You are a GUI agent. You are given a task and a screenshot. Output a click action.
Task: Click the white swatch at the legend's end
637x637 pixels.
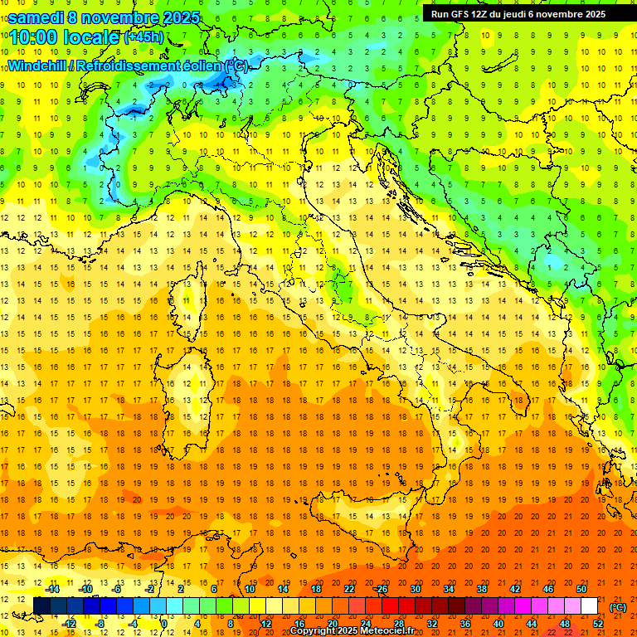(x=590, y=606)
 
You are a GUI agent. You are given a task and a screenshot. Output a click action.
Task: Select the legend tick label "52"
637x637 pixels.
(x=598, y=624)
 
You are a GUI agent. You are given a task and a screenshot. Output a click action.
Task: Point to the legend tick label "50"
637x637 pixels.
(x=581, y=589)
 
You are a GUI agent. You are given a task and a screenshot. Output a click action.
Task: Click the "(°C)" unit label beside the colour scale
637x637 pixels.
(x=619, y=607)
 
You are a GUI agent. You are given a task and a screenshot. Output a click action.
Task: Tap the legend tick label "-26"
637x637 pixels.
(x=382, y=589)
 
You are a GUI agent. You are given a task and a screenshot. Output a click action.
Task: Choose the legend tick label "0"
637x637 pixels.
(x=163, y=624)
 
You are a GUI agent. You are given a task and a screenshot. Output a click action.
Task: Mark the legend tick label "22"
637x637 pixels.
(x=349, y=589)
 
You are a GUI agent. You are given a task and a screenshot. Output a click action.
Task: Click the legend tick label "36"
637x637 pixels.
(x=465, y=624)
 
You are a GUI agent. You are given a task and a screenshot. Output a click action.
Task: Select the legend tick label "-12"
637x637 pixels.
(x=69, y=624)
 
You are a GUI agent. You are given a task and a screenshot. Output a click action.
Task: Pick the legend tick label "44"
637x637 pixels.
(x=532, y=624)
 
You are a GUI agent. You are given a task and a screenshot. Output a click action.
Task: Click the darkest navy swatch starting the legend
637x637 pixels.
(x=41, y=606)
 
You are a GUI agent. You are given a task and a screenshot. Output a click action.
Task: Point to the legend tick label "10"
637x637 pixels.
(x=249, y=589)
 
